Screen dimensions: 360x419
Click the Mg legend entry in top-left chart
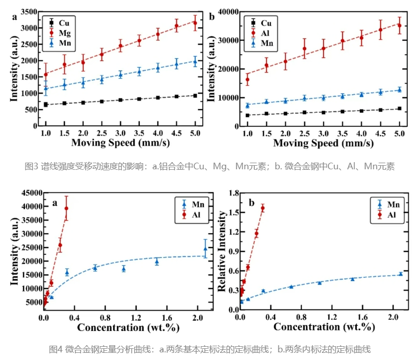tap(59, 33)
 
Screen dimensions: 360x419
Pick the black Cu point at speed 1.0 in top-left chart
tap(46, 105)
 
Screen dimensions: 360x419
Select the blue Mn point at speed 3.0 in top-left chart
tap(120, 74)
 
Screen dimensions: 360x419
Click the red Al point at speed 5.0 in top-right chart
tap(399, 25)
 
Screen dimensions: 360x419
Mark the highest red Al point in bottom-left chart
tap(66, 208)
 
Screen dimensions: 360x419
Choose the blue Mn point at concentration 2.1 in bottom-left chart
tap(205, 249)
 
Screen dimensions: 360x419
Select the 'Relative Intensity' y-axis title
tap(222, 251)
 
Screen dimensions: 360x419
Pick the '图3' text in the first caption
tap(32, 166)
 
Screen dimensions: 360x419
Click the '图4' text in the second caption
tap(55, 349)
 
